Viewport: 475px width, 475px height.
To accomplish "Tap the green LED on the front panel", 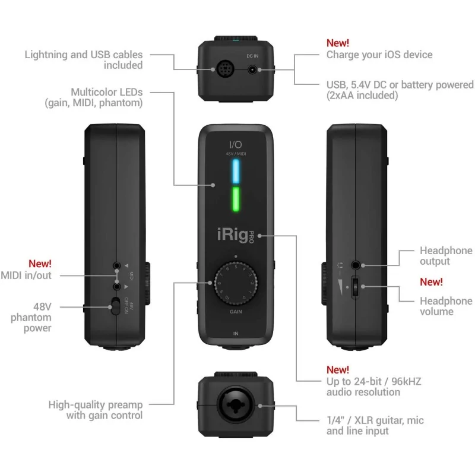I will pos(237,199).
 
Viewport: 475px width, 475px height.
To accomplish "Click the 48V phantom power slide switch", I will pos(114,308).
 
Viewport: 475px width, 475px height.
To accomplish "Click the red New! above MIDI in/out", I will pos(40,263).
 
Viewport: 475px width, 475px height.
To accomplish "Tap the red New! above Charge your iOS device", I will pos(338,43).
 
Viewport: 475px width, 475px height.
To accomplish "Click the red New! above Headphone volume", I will pos(431,282).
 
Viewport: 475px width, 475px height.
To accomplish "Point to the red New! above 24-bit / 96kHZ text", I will pos(338,370).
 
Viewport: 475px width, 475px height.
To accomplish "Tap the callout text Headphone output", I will pos(446,256).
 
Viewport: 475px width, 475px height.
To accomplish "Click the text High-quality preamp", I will pos(95,404).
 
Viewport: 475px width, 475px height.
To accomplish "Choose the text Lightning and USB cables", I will pos(83,55).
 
